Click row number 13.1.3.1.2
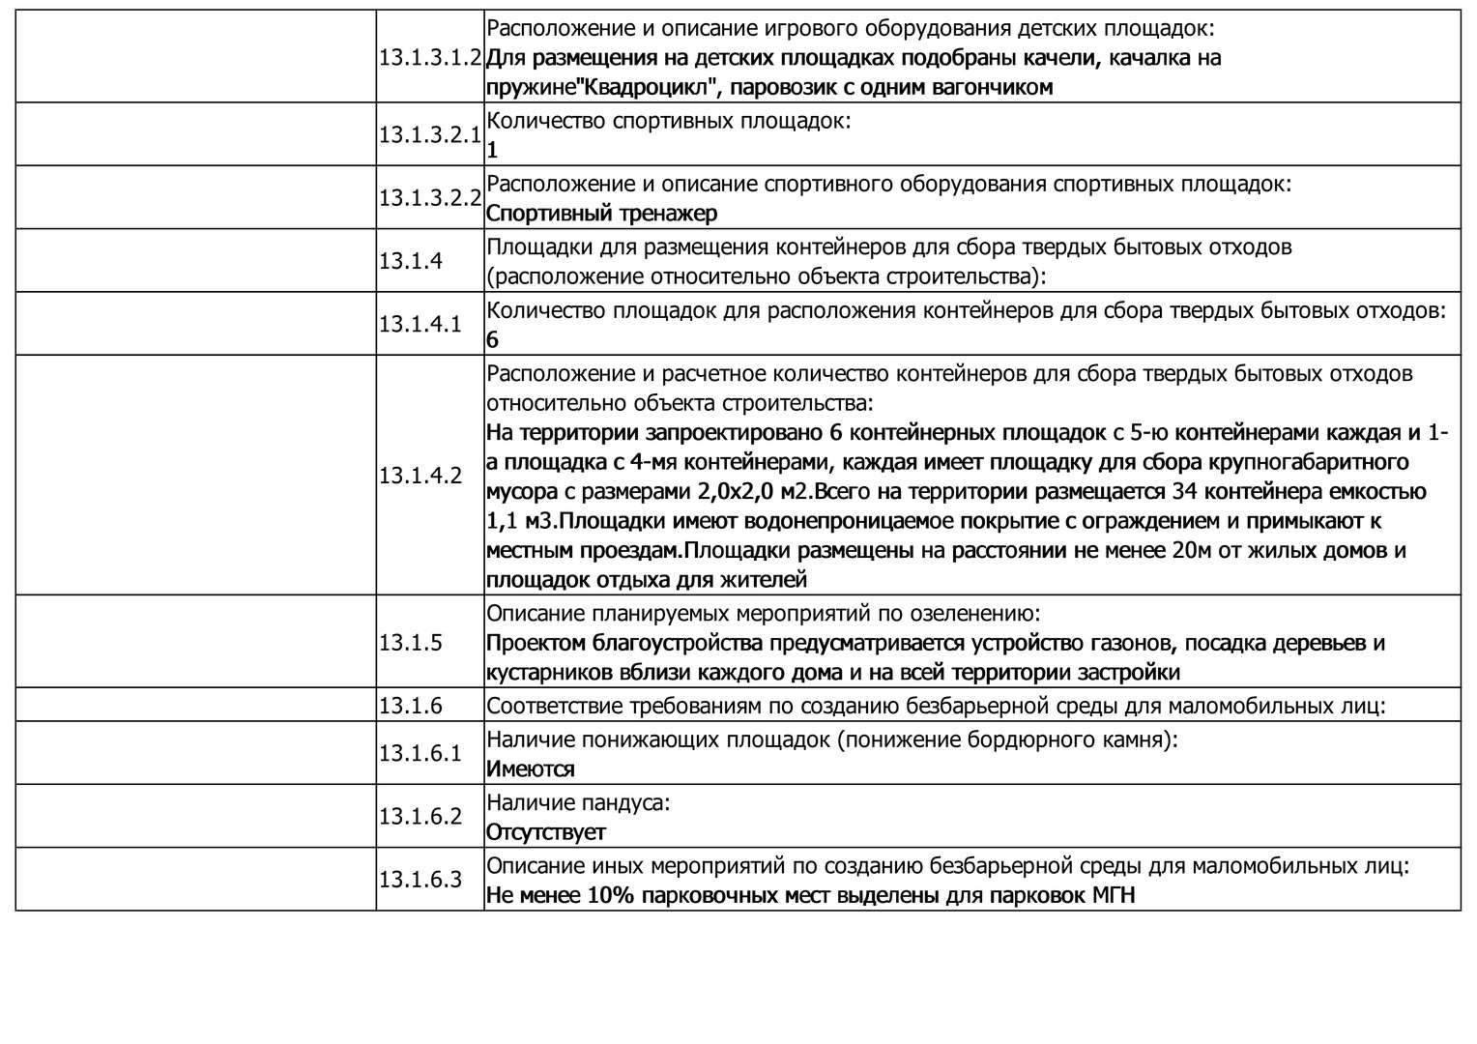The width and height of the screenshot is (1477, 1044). tap(430, 57)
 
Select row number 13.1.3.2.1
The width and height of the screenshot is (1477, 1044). tap(430, 134)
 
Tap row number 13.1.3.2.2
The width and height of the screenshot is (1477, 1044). tap(430, 197)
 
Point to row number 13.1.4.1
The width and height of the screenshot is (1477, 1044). tap(420, 324)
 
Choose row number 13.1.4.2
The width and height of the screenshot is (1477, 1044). tap(420, 476)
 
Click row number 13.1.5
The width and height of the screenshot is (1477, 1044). tap(410, 643)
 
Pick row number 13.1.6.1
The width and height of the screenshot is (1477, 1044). tap(420, 753)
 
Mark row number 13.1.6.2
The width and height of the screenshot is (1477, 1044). tap(420, 817)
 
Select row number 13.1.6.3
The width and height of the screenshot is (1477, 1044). tap(420, 880)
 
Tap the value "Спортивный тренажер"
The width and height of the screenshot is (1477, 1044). tap(601, 213)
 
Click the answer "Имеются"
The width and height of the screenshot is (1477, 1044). tap(530, 769)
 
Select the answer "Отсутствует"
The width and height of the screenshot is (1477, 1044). tap(545, 832)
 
